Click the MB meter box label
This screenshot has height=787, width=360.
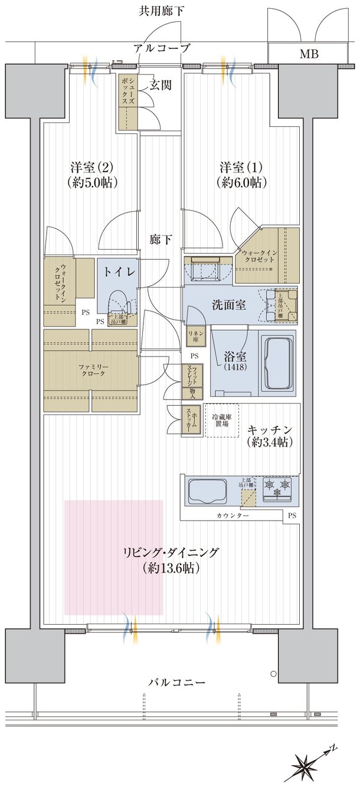coord(308,55)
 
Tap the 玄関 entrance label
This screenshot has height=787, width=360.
coord(160,85)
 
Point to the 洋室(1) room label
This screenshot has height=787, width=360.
coord(241,174)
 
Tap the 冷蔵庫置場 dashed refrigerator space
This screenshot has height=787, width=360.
coord(222,420)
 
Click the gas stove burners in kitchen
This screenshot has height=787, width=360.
coord(278,488)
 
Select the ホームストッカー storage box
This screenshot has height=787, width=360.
coord(192,420)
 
